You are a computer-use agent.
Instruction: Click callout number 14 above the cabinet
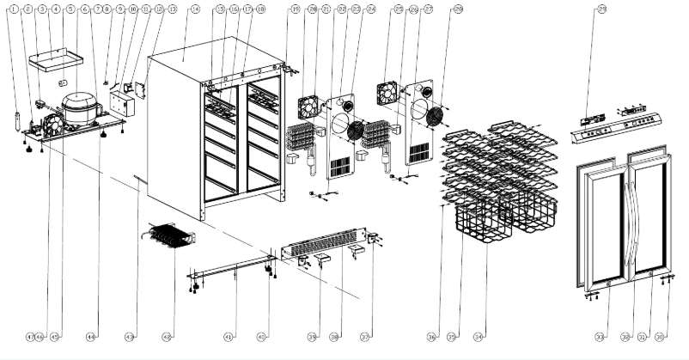[x=195, y=9]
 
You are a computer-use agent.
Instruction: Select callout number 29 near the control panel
[x=601, y=9]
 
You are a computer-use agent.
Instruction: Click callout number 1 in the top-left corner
[x=15, y=9]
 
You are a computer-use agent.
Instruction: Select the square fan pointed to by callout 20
[x=308, y=107]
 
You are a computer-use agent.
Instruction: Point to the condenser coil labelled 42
[x=170, y=235]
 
